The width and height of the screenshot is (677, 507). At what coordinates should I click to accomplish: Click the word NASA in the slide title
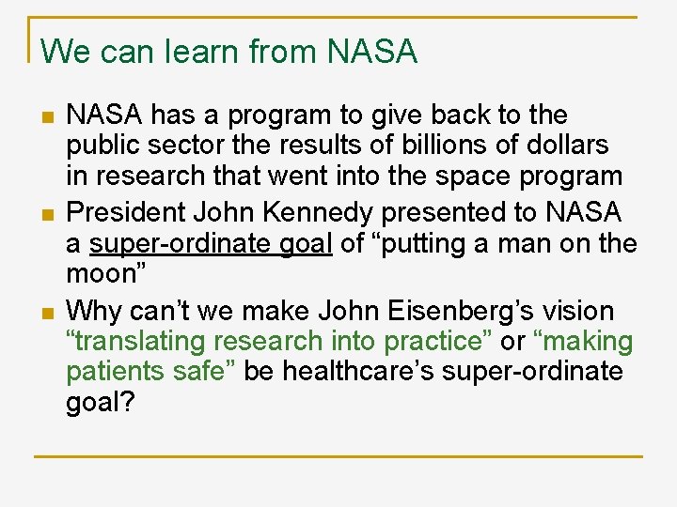point(372,52)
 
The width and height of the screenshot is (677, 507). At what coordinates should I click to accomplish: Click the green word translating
point(137,342)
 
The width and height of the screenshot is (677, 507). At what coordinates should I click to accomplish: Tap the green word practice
point(434,342)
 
